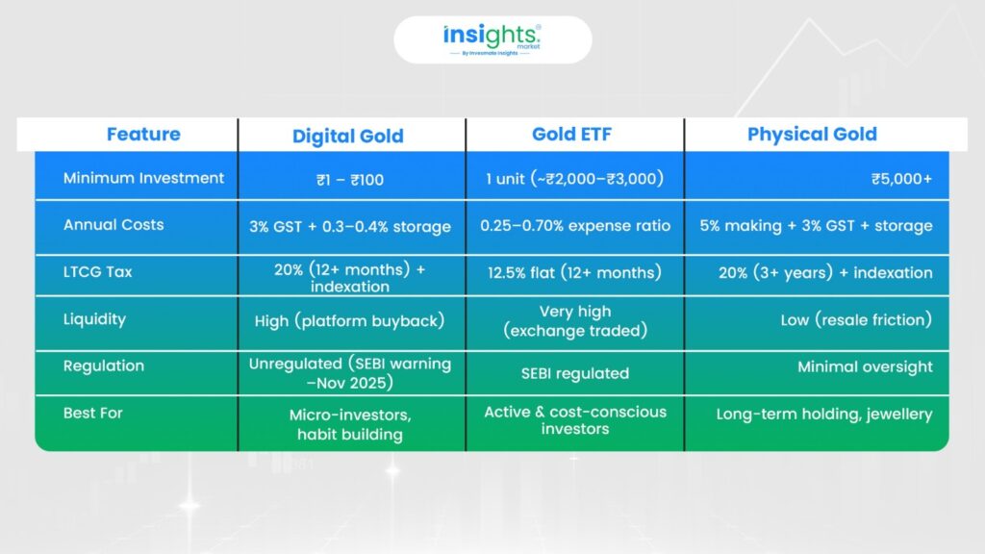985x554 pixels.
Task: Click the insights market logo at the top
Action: (492, 39)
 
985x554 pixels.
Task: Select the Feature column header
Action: (143, 135)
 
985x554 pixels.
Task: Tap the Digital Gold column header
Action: (348, 137)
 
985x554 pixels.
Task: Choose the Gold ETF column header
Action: (571, 135)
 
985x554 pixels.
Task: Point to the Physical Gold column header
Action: (812, 135)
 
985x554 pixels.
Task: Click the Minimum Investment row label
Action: (144, 178)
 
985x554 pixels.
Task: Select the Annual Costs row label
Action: (114, 225)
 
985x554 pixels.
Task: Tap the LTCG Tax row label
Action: (98, 272)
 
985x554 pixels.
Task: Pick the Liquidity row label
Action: (95, 319)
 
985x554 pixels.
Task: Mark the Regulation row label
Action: (104, 366)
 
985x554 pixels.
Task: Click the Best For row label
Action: (93, 414)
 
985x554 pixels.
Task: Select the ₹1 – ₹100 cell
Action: (350, 180)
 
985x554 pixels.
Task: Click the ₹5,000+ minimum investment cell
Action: (901, 179)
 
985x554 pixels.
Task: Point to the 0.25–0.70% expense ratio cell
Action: (575, 225)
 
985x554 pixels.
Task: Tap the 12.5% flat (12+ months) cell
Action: (575, 272)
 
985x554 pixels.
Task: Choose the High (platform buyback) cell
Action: (350, 321)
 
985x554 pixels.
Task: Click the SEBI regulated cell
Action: (575, 374)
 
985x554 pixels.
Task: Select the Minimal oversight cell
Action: (865, 366)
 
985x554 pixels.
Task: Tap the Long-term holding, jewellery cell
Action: (824, 415)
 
